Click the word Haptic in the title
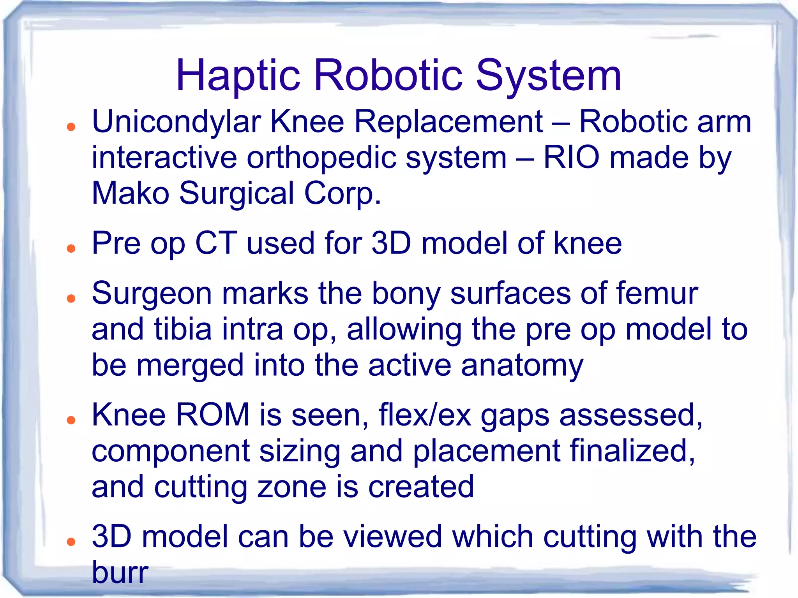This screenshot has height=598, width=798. pyautogui.click(x=238, y=76)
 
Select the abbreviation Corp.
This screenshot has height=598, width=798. pyautogui.click(x=342, y=194)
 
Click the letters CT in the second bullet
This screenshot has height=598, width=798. pyautogui.click(x=216, y=243)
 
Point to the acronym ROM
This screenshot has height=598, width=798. pyautogui.click(x=212, y=415)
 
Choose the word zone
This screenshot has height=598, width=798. pyautogui.click(x=291, y=487)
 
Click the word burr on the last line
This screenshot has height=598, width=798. pyautogui.click(x=120, y=572)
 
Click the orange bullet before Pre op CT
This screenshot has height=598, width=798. pyautogui.click(x=71, y=248)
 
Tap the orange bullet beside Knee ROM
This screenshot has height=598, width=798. pyautogui.click(x=71, y=420)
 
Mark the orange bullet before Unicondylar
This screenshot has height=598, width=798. pyautogui.click(x=71, y=127)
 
